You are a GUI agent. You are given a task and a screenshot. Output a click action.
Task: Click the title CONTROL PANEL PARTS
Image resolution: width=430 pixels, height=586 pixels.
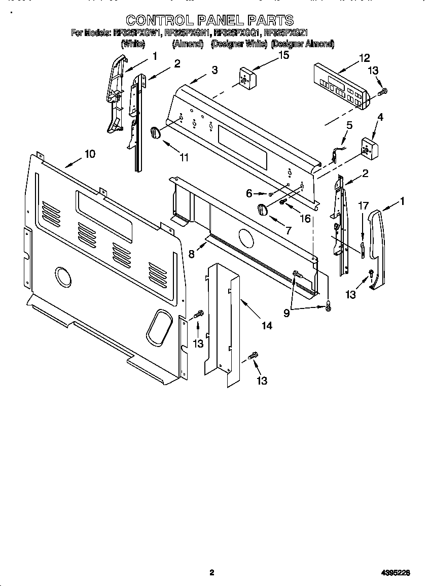click(x=209, y=20)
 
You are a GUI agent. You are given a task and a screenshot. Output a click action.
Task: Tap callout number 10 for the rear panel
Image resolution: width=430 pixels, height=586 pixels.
click(x=90, y=154)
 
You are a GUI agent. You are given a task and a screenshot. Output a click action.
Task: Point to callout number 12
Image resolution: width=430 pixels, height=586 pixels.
click(x=364, y=58)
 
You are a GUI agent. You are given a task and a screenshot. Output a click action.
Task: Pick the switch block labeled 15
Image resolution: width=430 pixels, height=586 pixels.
click(x=247, y=78)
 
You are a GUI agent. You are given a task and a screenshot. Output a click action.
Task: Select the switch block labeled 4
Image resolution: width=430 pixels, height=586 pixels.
click(x=371, y=148)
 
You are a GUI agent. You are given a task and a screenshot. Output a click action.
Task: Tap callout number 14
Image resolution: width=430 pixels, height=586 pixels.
click(x=267, y=326)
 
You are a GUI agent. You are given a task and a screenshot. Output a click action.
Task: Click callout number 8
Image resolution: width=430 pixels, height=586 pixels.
click(x=192, y=254)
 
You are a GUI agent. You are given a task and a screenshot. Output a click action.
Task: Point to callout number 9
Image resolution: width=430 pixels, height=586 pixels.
click(x=287, y=314)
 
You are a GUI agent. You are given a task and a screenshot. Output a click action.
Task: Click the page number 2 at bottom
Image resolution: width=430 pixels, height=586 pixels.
click(x=212, y=573)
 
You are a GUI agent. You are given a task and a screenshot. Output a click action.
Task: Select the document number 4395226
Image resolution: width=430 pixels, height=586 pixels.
click(x=396, y=573)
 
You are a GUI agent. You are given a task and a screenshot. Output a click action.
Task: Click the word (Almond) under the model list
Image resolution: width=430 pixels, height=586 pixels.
click(x=188, y=44)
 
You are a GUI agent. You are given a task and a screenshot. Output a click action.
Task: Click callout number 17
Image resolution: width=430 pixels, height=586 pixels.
click(x=363, y=206)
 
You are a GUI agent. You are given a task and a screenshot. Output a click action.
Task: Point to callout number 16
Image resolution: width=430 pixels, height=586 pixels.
click(x=305, y=218)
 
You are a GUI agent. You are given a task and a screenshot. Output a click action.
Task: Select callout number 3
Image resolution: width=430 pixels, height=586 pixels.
click(x=214, y=70)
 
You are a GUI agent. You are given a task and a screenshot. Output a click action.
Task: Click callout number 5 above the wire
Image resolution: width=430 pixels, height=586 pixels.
click(x=349, y=125)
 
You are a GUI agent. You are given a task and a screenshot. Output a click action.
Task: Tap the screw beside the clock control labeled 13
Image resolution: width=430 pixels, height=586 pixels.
click(x=383, y=91)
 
